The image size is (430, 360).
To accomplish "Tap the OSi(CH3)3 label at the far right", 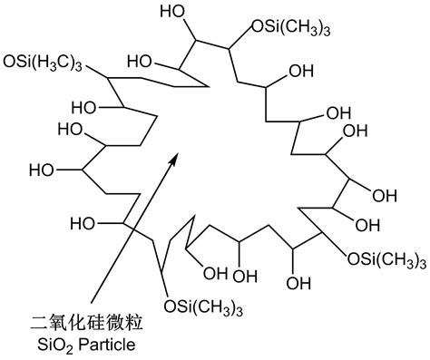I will pyautogui.click(x=387, y=259).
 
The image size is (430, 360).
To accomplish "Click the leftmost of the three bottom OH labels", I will pyautogui.click(x=212, y=272).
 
